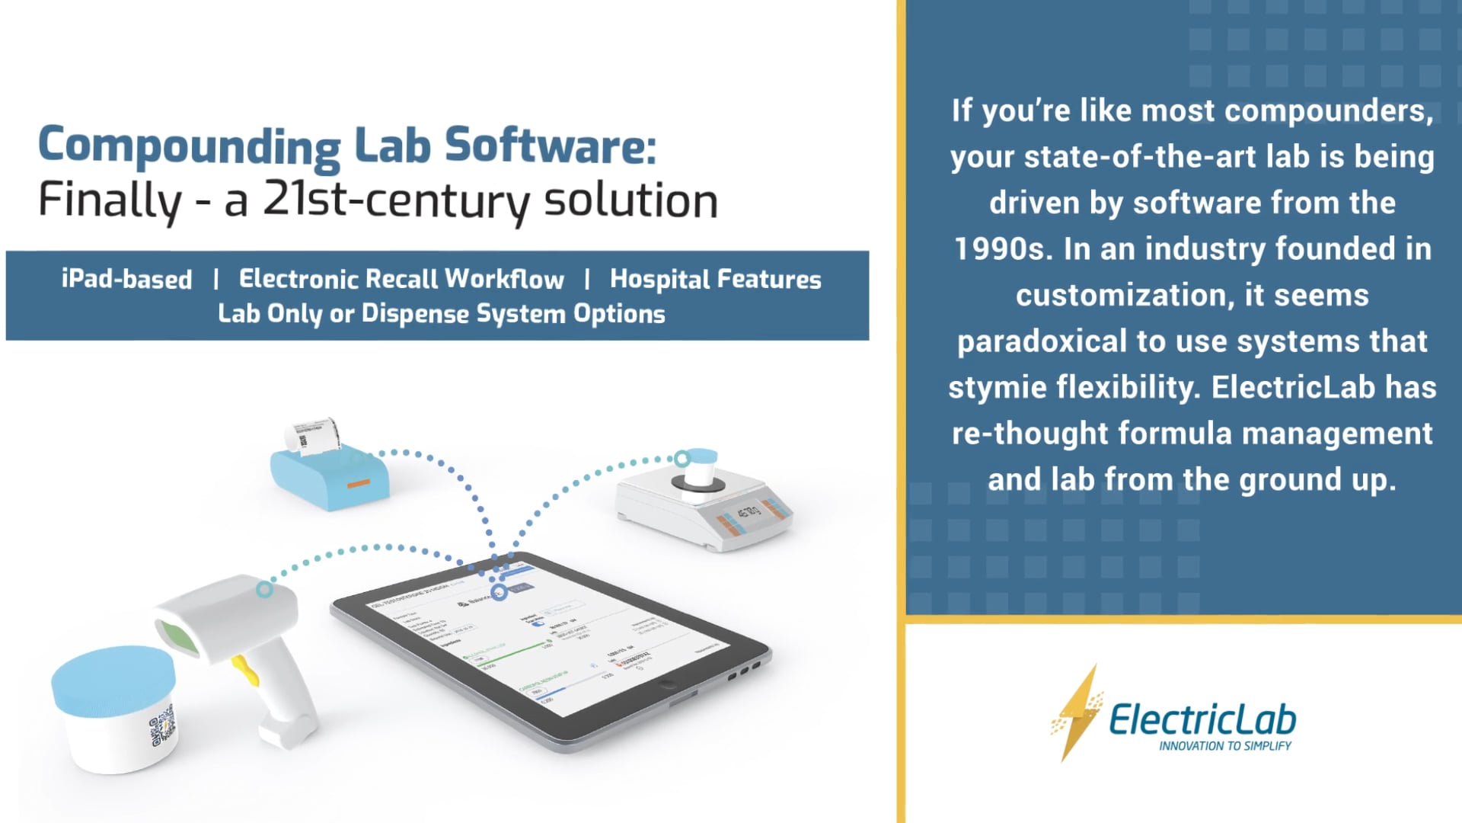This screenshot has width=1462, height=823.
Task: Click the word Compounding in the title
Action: pos(189,146)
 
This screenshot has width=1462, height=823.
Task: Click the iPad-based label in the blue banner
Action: pos(126,279)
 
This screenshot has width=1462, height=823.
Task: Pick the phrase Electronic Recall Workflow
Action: pos(401,279)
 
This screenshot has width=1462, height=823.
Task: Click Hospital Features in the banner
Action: pos(715,279)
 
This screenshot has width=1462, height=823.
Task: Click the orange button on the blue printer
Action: pos(358,483)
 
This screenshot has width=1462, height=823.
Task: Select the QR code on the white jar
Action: pos(162,726)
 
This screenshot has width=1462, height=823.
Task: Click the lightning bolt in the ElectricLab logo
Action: pos(1077,713)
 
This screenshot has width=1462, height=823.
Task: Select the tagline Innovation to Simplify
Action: pos(1224,746)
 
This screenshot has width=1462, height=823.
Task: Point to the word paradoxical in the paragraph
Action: pos(1041,341)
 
